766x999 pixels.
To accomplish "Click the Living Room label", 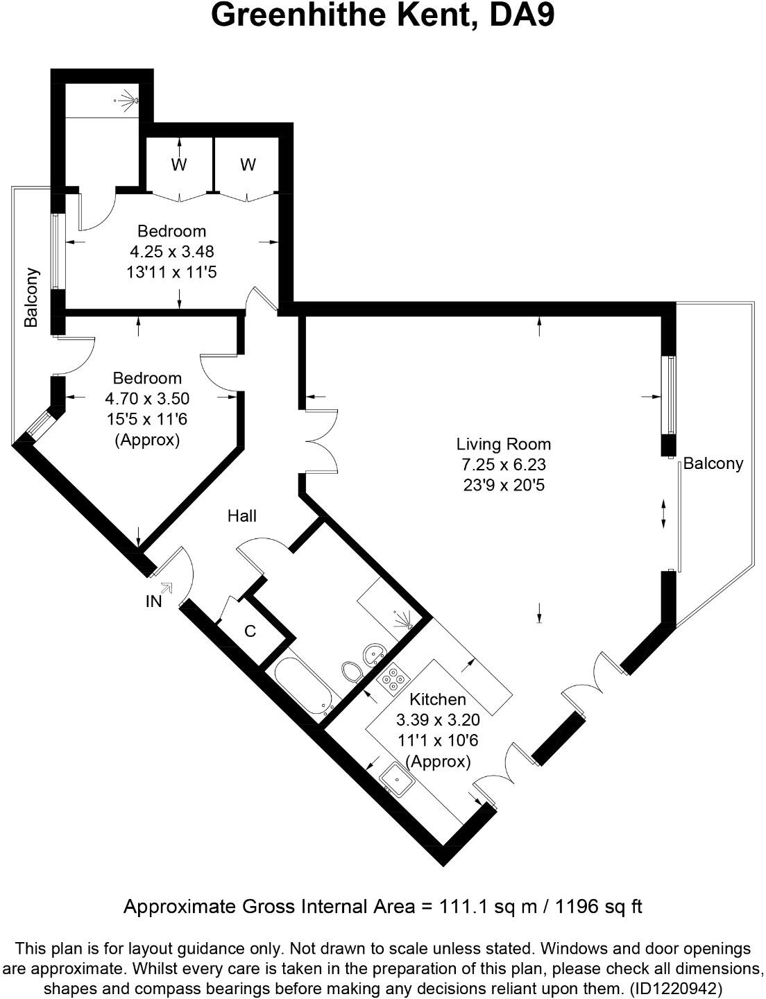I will pyautogui.click(x=503, y=444).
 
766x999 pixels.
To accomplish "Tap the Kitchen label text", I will pyautogui.click(x=437, y=699).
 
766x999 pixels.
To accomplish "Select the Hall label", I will pyautogui.click(x=242, y=515).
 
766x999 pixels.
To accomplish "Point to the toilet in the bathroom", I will pyautogui.click(x=352, y=671).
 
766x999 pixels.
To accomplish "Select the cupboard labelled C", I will pyautogui.click(x=250, y=631).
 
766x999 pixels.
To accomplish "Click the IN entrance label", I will pyautogui.click(x=153, y=601).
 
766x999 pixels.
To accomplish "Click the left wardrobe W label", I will pyautogui.click(x=179, y=165).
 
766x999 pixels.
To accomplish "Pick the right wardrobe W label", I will pyautogui.click(x=248, y=165).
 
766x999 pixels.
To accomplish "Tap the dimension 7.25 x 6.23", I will pyautogui.click(x=503, y=464).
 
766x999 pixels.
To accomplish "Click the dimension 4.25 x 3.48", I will pyautogui.click(x=171, y=251).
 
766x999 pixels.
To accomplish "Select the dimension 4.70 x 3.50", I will pyautogui.click(x=147, y=398).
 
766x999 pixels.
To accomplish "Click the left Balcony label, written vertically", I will pyautogui.click(x=31, y=298).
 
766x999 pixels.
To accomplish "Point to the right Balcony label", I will pyautogui.click(x=713, y=463).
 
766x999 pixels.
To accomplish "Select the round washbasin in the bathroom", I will pyautogui.click(x=375, y=652).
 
